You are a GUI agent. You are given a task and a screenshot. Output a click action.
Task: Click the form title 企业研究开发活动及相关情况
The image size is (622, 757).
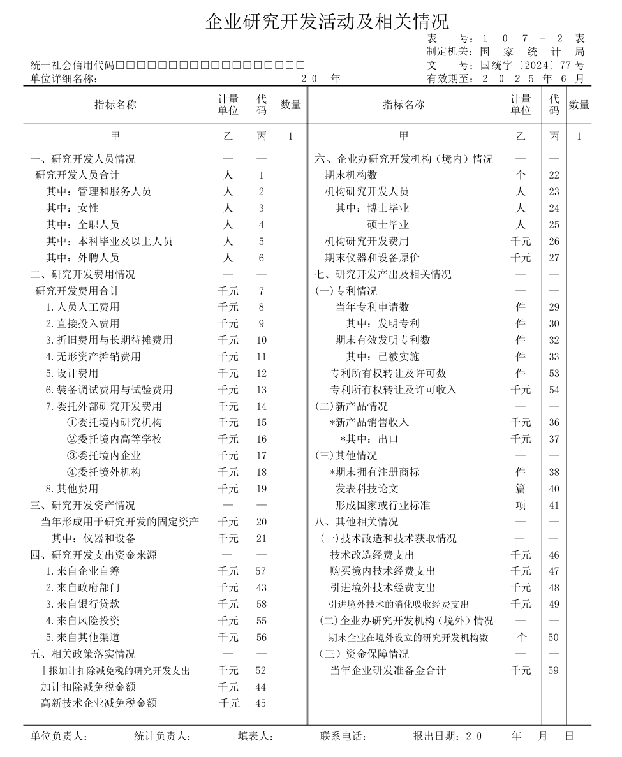[x=327, y=21]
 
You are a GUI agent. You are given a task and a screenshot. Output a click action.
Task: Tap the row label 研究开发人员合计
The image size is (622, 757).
[x=77, y=175]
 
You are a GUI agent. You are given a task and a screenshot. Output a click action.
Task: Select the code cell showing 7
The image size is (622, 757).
[x=262, y=291]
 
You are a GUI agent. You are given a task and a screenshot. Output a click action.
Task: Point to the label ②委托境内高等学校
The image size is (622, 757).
[x=114, y=439]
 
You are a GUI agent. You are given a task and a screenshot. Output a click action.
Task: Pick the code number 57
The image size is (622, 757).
[x=262, y=571]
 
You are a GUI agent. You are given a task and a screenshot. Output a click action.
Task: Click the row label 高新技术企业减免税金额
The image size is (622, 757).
[x=99, y=703]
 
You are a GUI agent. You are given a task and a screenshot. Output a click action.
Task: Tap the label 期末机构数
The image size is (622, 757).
[x=351, y=175]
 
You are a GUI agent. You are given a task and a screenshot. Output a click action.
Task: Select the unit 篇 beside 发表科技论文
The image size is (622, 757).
[x=521, y=489]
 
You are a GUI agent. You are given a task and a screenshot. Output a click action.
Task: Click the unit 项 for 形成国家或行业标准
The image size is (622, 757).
[x=521, y=505]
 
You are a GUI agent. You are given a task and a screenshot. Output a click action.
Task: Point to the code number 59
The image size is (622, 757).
[x=554, y=670]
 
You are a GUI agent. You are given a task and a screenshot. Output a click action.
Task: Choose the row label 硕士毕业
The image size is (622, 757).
[x=388, y=224]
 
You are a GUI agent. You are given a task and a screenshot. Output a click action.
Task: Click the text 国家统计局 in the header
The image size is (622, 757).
[x=532, y=52]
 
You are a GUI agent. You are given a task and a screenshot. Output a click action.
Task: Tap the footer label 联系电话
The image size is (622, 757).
[x=343, y=736]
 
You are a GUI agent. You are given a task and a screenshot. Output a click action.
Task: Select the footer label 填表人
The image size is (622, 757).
[x=255, y=736]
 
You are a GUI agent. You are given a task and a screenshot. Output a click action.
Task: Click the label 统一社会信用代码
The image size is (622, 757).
[x=72, y=65]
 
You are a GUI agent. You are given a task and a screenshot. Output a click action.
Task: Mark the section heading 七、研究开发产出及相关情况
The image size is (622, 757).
[x=383, y=274]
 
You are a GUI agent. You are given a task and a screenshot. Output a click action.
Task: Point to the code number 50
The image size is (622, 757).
[x=554, y=637]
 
